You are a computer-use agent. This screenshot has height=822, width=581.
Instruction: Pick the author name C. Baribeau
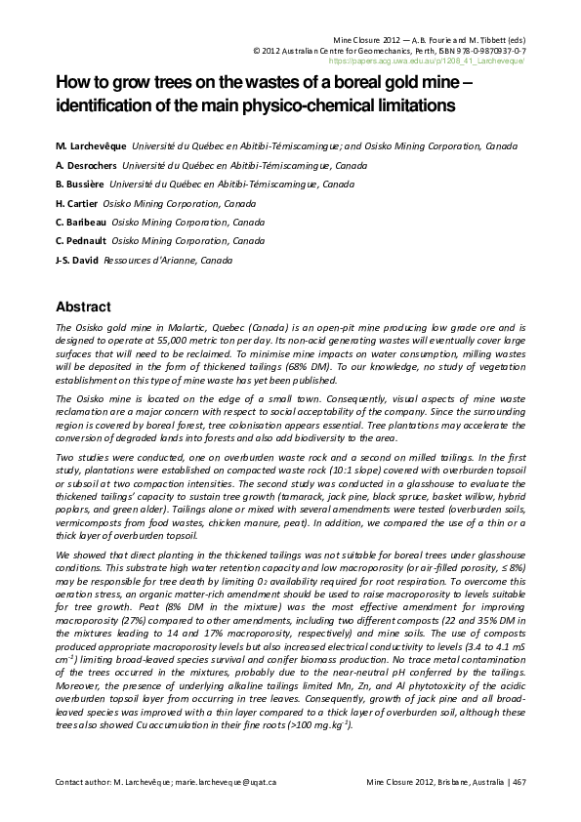(81, 222)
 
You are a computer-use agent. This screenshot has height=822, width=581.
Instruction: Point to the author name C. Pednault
(82, 240)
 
